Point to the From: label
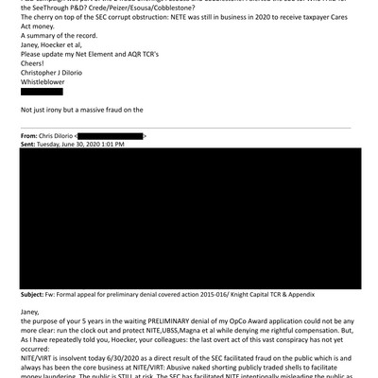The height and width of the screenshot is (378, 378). coord(31,138)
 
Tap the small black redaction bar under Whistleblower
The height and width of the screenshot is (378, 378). coord(43,91)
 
